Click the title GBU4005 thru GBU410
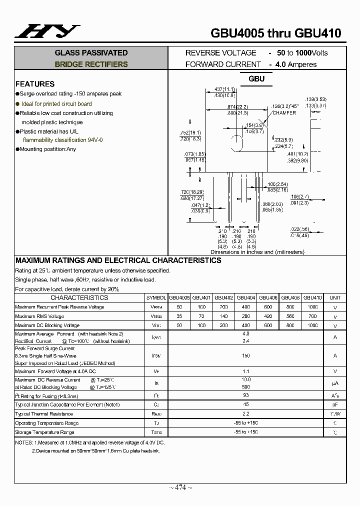pyautogui.click(x=275, y=33)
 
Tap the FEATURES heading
pyautogui.click(x=35, y=84)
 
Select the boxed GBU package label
pyautogui.click(x=256, y=79)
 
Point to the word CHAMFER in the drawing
pyautogui.click(x=284, y=113)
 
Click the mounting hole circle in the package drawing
pyautogui.click(x=235, y=144)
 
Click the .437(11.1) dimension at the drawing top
pyautogui.click(x=224, y=89)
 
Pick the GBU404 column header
pyautogui.click(x=245, y=297)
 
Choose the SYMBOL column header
pyautogui.click(x=156, y=297)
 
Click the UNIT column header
pyautogui.click(x=335, y=297)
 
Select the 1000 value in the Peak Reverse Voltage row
pyautogui.click(x=312, y=307)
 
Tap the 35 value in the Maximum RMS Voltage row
pyautogui.click(x=179, y=316)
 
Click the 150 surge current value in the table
pyautogui.click(x=245, y=355)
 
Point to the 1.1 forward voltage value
pyautogui.click(x=245, y=371)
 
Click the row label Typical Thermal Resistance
pyautogui.click(x=44, y=414)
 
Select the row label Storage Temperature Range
pyautogui.click(x=44, y=432)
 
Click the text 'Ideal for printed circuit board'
pyautogui.click(x=56, y=104)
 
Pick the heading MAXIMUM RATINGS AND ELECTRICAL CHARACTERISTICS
pyautogui.click(x=118, y=260)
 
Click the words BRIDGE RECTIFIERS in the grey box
pyautogui.click(x=91, y=64)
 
